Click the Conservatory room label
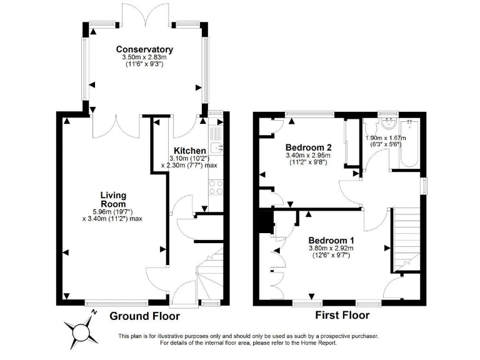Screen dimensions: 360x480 [144, 49]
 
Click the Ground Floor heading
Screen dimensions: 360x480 [145, 316]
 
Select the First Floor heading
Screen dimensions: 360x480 [342, 316]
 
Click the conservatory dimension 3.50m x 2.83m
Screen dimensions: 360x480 [144, 57]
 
